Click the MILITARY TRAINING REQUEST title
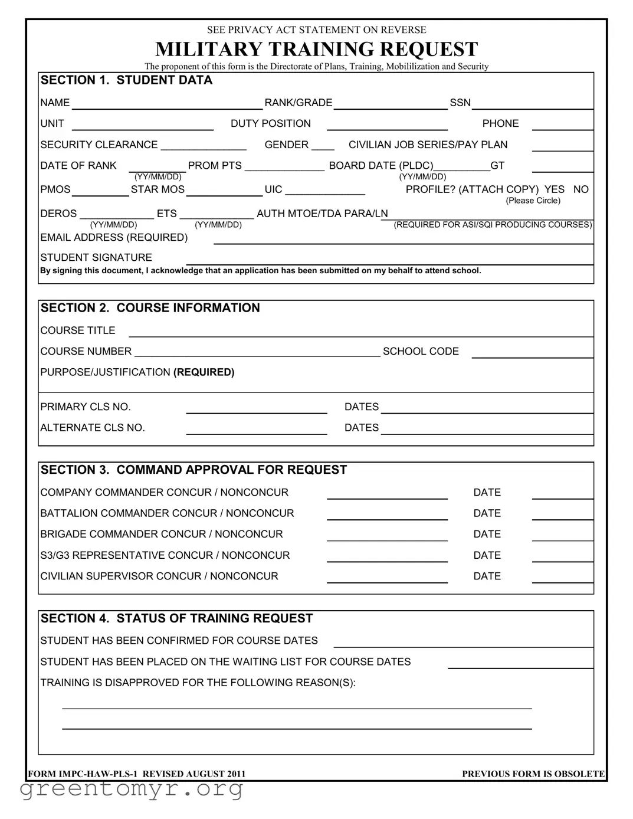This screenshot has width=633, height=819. [x=316, y=49]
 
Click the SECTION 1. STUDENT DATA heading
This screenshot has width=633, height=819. [x=126, y=80]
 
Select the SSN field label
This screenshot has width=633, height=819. [x=460, y=103]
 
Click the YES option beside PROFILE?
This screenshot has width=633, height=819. [x=554, y=189]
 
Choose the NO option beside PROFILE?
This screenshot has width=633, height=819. [x=580, y=189]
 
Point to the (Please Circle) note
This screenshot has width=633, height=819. [x=533, y=201]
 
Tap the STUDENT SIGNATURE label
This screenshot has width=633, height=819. [x=96, y=257]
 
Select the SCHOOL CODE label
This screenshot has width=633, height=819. [x=421, y=351]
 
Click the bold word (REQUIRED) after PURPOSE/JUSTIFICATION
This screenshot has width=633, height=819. [x=204, y=372]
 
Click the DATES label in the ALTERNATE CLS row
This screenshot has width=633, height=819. [x=362, y=428]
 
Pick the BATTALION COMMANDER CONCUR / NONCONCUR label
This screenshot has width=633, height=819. [x=167, y=513]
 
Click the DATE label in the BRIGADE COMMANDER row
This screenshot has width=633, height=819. [x=487, y=534]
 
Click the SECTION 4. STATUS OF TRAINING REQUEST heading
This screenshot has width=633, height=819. [x=176, y=618]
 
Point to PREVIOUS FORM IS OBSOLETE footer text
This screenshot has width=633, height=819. [x=533, y=774]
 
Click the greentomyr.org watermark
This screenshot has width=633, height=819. [x=132, y=788]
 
